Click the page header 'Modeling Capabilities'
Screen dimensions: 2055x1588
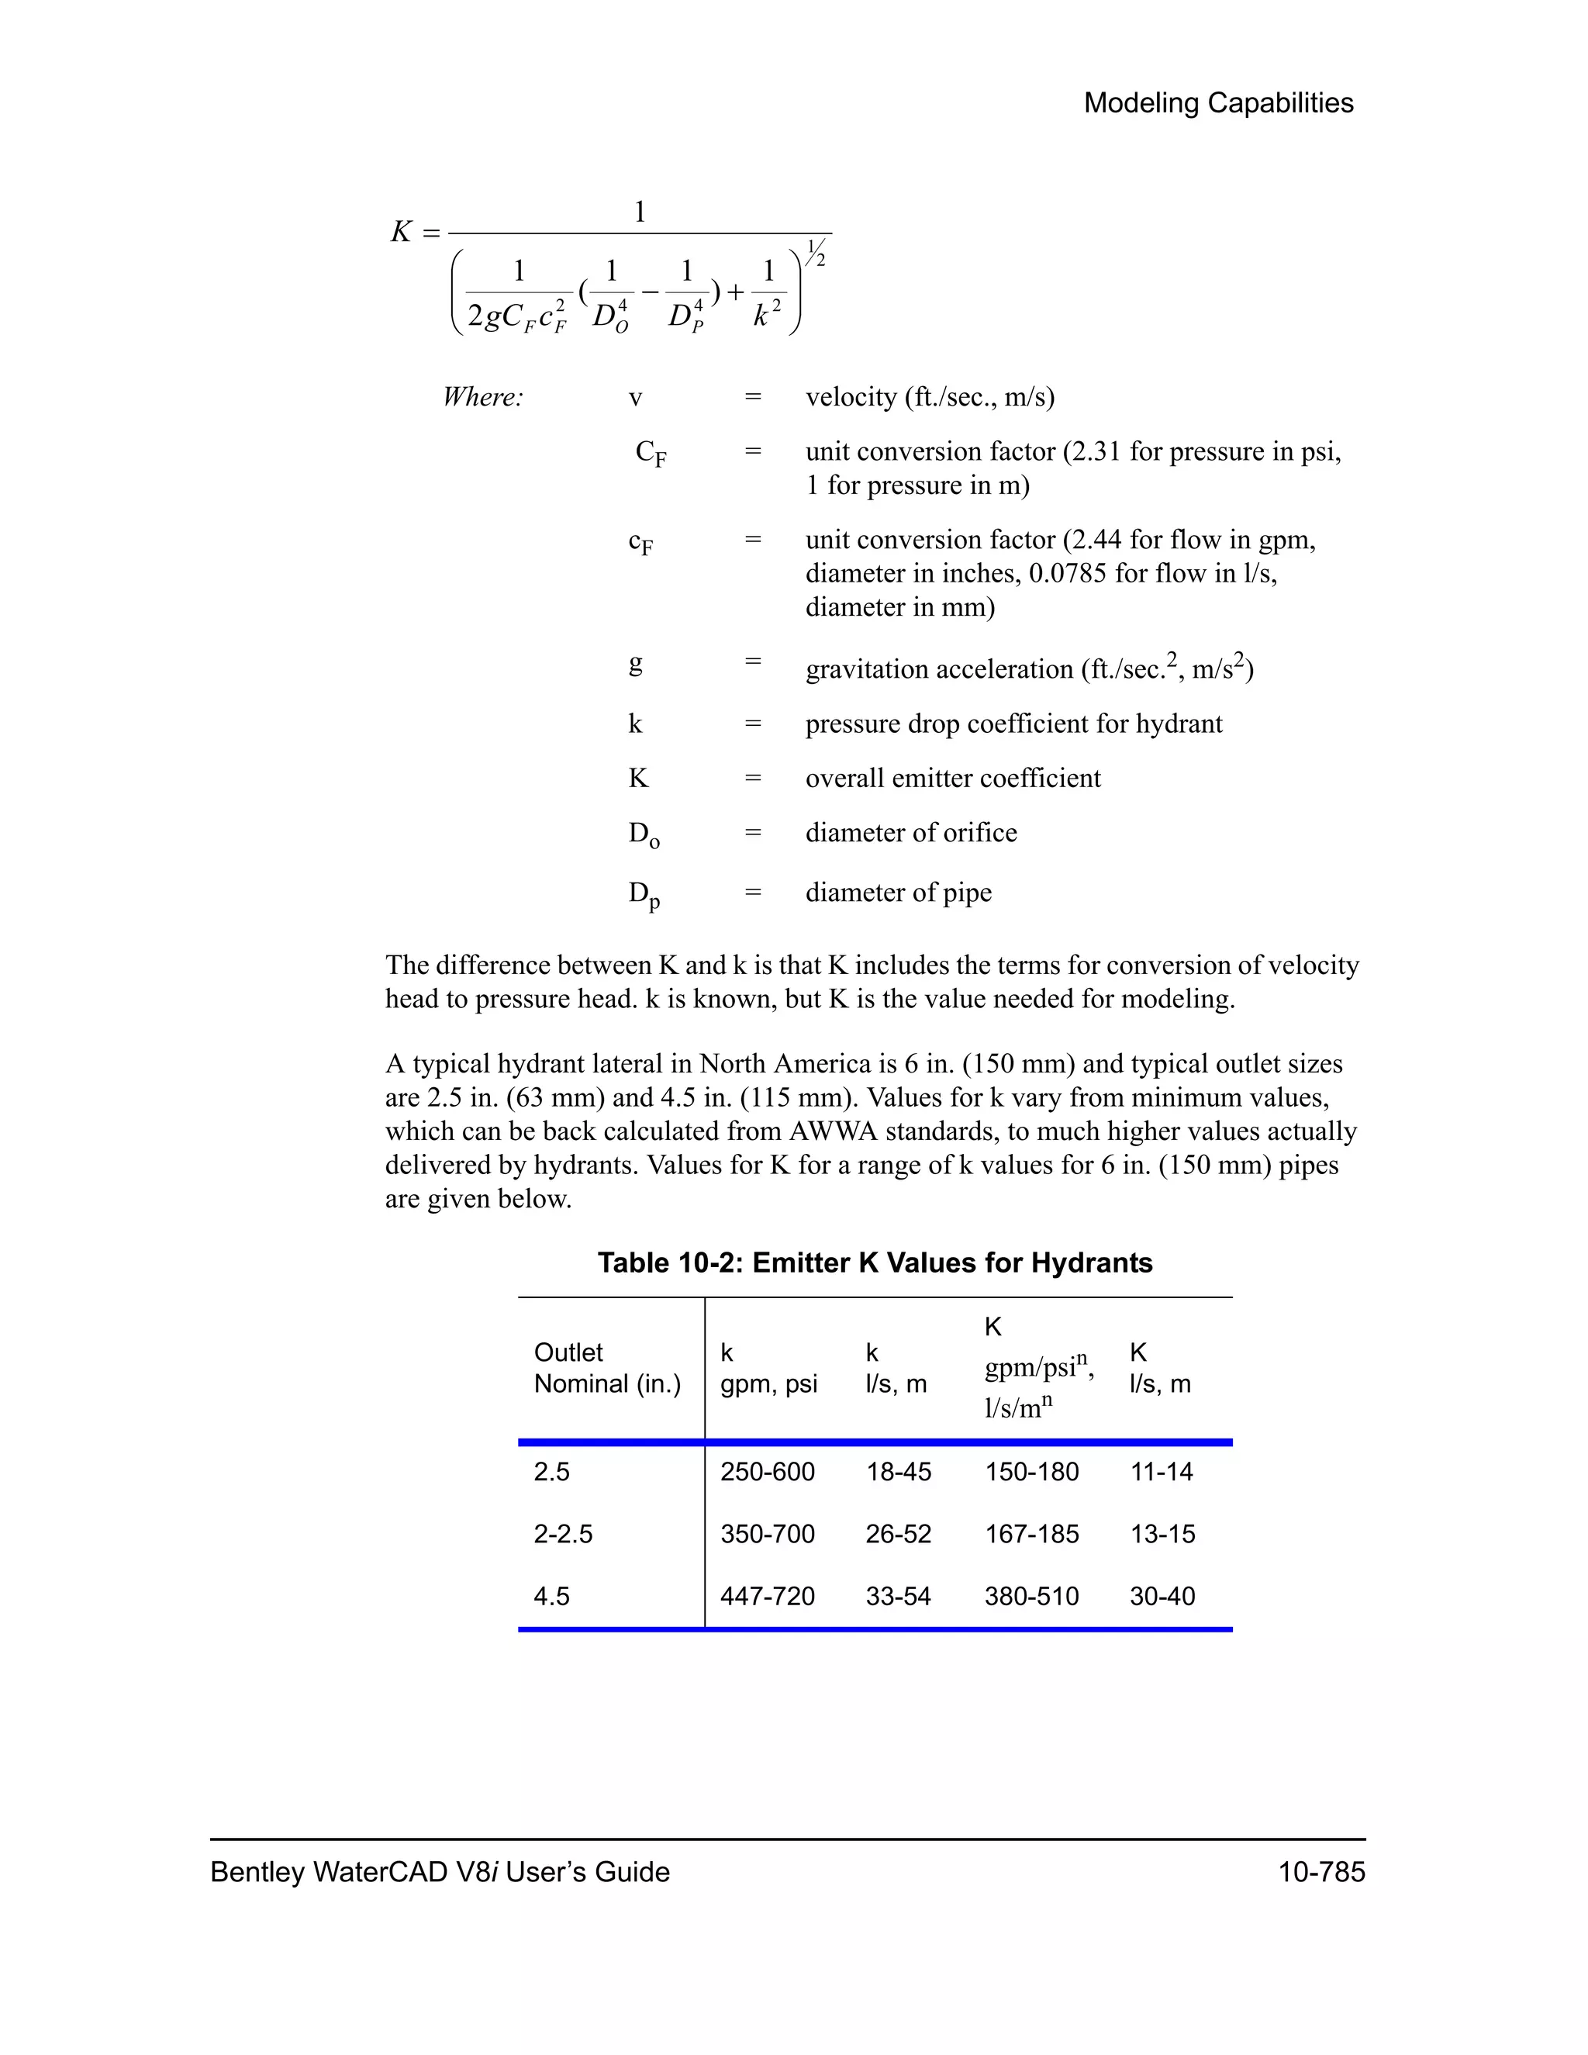pos(1217,102)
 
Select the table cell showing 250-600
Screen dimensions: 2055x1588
pos(767,1472)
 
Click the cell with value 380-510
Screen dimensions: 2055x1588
pos(1031,1596)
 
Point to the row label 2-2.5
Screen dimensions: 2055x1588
pos(563,1534)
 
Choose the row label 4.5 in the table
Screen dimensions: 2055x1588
pos(551,1596)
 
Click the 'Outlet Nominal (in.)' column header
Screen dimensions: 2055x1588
pos(607,1368)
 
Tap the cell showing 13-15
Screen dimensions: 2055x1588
pos(1162,1534)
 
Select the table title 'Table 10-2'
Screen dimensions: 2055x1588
pos(874,1262)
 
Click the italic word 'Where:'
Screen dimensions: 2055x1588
pos(482,397)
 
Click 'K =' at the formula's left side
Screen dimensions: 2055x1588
pos(415,231)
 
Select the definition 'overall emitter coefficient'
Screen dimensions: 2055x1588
pos(952,778)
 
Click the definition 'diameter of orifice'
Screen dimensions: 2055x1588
pos(910,833)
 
